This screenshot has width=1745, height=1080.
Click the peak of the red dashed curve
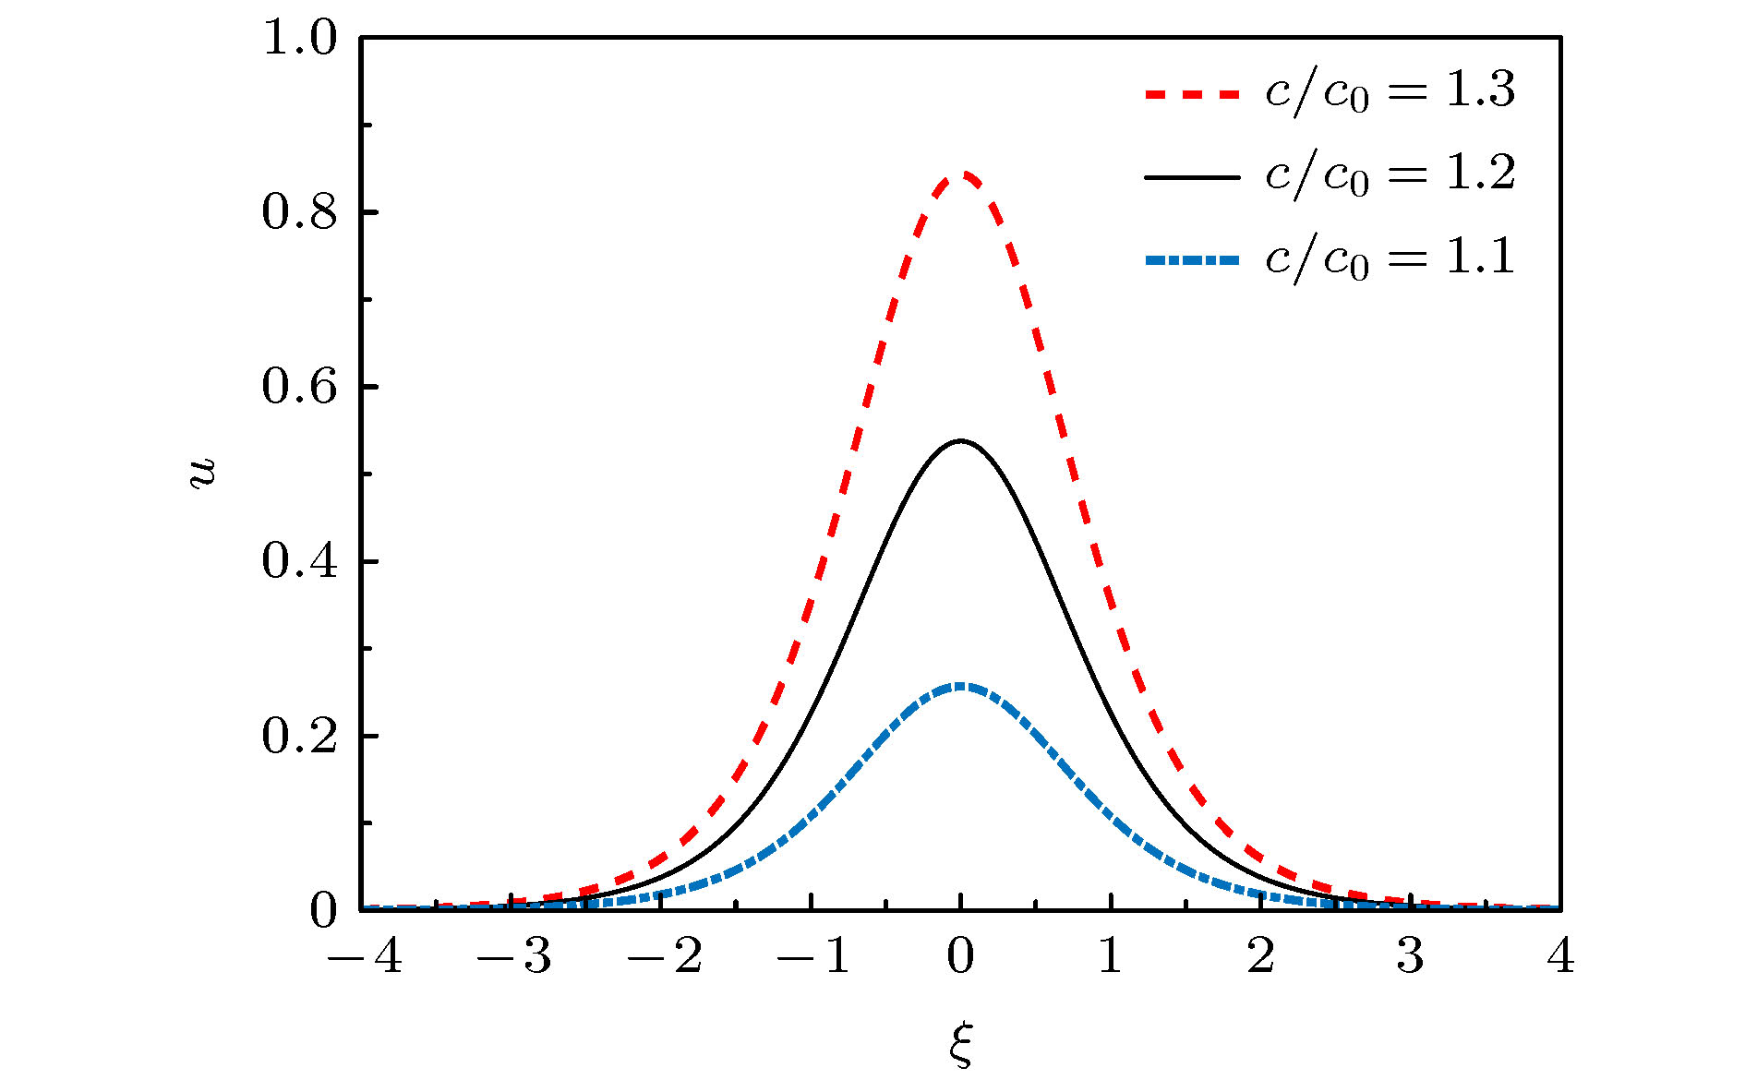tap(961, 174)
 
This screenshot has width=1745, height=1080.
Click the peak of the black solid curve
tap(961, 441)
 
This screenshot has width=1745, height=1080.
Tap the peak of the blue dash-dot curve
tap(961, 686)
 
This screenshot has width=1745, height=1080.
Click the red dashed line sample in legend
tap(1191, 94)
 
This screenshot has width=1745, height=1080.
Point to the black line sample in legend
tap(1191, 176)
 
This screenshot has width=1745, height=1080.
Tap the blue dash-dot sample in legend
tap(1191, 261)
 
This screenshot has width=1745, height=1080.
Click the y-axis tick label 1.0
tap(300, 39)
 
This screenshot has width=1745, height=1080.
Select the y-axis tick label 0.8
tap(300, 213)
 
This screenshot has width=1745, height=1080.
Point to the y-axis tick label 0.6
tap(300, 388)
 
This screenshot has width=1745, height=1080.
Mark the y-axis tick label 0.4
tap(300, 562)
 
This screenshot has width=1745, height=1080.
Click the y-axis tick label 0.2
tap(300, 737)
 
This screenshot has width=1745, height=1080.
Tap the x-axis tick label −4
tap(365, 956)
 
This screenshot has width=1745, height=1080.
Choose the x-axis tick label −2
tap(665, 956)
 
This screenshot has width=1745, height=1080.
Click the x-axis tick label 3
tap(1410, 956)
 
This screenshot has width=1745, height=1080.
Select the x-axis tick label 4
tap(1560, 956)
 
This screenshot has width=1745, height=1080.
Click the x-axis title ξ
tap(961, 1045)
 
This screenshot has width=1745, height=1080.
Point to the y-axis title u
tap(202, 473)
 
